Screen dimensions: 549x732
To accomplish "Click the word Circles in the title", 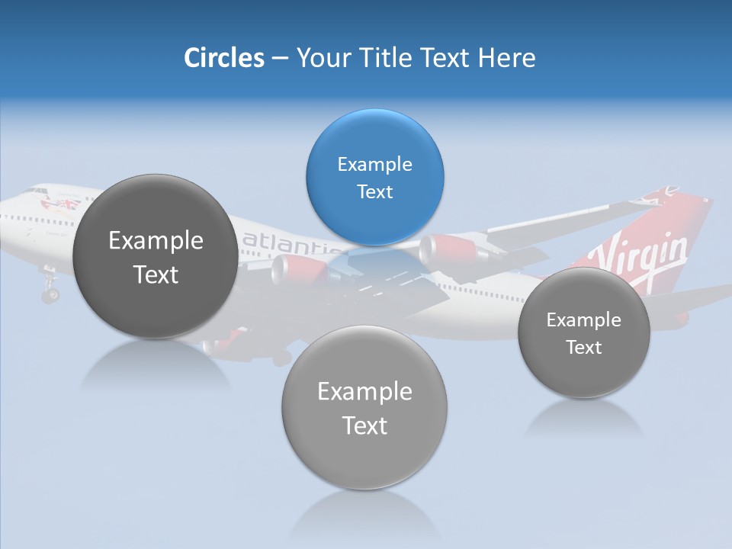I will coord(223,58).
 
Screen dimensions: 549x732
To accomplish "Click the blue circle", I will coord(374,177).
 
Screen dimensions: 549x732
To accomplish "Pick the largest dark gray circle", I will coord(155,256).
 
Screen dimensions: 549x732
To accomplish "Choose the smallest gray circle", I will coord(583,332).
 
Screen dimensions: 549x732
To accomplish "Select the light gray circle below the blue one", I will coord(364,407).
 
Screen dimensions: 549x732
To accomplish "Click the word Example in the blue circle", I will coord(374,165).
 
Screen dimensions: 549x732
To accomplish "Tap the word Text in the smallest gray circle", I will coord(584,348).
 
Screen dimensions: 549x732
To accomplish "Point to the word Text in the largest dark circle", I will coord(156,274).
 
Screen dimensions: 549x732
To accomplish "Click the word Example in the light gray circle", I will coord(364,392).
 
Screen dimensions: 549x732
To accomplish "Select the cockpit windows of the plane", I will coord(34,191).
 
